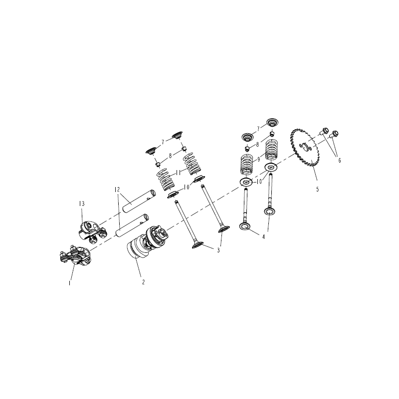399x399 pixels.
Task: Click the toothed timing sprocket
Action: (x=305, y=148)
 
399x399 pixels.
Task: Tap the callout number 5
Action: (x=317, y=190)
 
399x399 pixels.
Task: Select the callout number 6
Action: (x=339, y=160)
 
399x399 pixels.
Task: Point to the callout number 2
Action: (x=144, y=282)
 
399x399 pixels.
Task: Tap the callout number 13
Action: (x=82, y=203)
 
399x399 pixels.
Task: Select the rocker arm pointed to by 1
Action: (x=75, y=255)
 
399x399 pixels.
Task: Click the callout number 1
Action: (x=70, y=283)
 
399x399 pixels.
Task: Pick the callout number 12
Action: (x=117, y=190)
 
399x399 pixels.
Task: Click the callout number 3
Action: (x=218, y=250)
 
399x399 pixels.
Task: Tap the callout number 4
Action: (x=264, y=236)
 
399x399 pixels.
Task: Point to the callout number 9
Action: (x=258, y=160)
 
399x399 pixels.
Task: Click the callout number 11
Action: (x=178, y=173)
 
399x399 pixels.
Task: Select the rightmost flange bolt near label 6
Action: (x=335, y=134)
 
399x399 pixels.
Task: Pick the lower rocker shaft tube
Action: (x=132, y=225)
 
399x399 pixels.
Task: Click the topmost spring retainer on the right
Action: (x=272, y=122)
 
